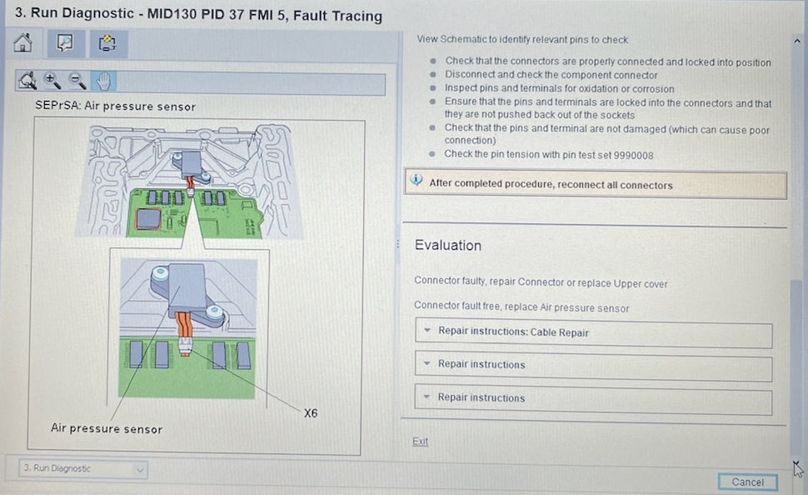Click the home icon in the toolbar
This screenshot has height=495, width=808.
click(x=22, y=42)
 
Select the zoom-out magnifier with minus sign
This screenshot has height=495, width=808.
click(x=77, y=81)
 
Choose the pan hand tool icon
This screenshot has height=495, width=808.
click(x=103, y=81)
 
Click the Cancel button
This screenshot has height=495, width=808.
click(x=748, y=482)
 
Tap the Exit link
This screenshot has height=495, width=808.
click(x=420, y=442)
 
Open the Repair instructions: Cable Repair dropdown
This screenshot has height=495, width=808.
click(x=593, y=332)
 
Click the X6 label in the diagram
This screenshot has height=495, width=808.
click(x=311, y=413)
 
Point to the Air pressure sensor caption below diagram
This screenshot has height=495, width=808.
click(x=107, y=428)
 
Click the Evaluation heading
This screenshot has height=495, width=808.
click(x=448, y=246)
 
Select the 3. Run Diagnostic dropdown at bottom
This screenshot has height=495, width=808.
click(x=83, y=468)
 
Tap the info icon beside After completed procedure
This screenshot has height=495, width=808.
click(x=416, y=180)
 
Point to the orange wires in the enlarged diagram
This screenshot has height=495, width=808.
click(x=183, y=325)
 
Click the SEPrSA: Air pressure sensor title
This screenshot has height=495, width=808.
click(x=116, y=106)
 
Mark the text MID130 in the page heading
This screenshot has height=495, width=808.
click(x=172, y=14)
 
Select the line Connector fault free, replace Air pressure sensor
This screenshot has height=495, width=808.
click(x=521, y=307)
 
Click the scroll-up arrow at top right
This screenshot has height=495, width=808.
click(x=796, y=42)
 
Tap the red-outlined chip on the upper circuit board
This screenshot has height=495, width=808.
click(x=148, y=218)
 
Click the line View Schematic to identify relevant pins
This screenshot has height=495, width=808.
click(x=522, y=39)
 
